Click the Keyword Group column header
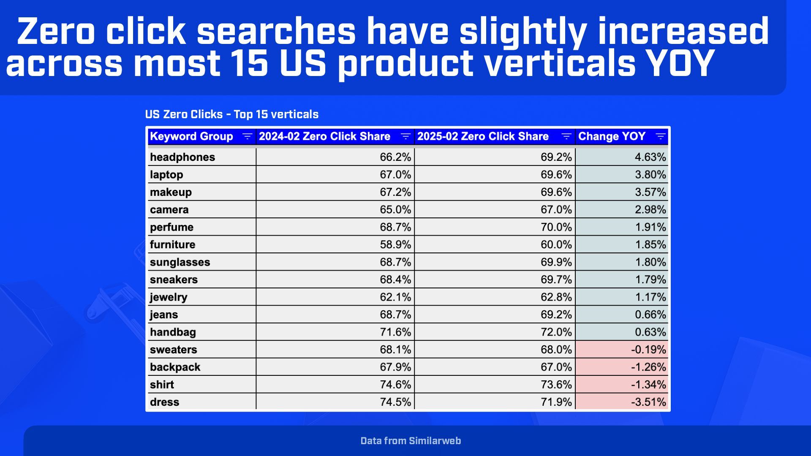coord(191,136)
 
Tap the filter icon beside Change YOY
coord(660,136)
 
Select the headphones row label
coord(182,157)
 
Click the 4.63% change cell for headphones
coord(650,157)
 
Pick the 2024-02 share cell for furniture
coord(395,244)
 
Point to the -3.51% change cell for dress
coord(648,402)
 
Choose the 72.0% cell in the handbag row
coord(556,332)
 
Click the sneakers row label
coord(174,280)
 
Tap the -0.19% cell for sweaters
coord(648,350)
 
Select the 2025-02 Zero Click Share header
coord(483,136)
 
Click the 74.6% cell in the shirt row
coord(395,385)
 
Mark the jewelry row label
coord(169,297)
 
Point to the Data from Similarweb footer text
coord(411,441)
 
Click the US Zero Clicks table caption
coord(231,114)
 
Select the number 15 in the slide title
coord(250,63)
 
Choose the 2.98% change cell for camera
coord(650,209)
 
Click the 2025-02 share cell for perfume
coord(556,227)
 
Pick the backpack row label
coord(175,367)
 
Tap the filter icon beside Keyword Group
coord(247,136)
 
